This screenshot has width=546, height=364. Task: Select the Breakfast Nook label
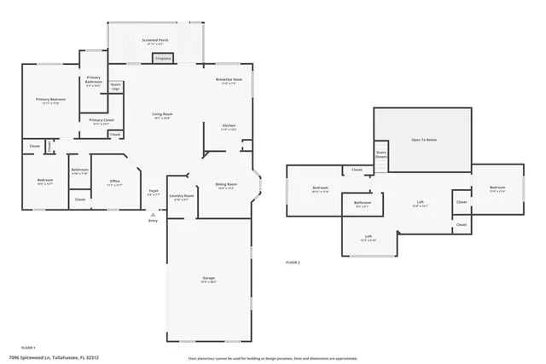point(229,81)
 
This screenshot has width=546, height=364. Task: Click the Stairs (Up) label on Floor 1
point(115,86)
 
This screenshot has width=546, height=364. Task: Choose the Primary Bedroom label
point(50,101)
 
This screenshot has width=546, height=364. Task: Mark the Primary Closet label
point(101,121)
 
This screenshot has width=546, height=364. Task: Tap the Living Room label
point(162,115)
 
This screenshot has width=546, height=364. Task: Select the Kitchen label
point(229,126)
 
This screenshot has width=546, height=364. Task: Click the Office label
point(114,182)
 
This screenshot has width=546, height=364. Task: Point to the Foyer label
point(154,192)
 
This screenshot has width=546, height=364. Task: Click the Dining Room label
point(226,185)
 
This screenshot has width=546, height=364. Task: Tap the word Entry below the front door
point(153,221)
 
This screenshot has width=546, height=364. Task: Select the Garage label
point(208,279)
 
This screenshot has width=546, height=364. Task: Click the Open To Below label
point(423,139)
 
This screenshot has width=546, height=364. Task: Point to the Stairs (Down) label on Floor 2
point(381,154)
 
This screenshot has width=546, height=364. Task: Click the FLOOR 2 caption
point(293,263)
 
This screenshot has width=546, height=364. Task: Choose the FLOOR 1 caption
point(27,348)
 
